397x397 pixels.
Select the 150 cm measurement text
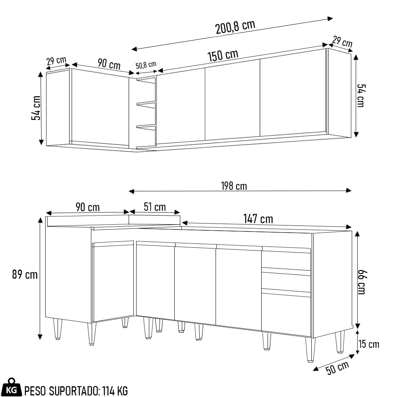tap(223, 56)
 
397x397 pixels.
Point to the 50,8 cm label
tap(146, 65)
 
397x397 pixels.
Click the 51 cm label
tap(154, 207)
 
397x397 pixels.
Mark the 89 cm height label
tap(25, 274)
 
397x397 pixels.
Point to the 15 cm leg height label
tap(369, 344)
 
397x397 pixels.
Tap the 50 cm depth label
tap(337, 368)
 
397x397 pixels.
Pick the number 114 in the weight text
tap(108, 391)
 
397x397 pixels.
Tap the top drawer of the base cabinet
tap(286, 260)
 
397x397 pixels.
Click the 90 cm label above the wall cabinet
tap(109, 64)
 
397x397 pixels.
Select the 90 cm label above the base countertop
tap(87, 207)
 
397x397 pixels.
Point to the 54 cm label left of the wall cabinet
tap(36, 108)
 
